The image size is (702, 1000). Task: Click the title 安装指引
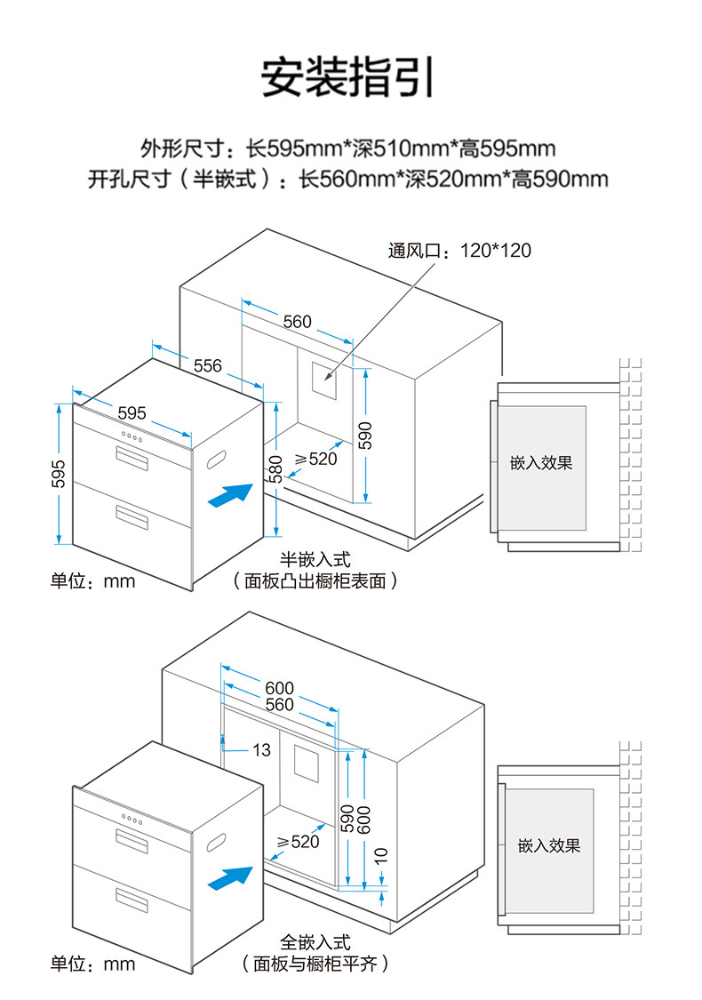point(349,76)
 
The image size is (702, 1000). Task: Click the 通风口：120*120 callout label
point(459,251)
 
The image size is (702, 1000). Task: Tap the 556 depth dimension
point(207,365)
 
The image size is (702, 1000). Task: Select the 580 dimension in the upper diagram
point(275,469)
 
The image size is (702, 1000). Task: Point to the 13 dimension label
point(261,750)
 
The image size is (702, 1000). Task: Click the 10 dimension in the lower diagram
point(380,857)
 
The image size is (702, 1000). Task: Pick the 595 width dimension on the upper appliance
point(132,412)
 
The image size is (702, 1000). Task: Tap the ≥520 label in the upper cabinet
point(315,459)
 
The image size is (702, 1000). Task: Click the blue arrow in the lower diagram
point(230,878)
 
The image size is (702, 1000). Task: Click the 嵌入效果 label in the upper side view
point(541,463)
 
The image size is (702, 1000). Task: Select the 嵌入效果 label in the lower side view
point(549,845)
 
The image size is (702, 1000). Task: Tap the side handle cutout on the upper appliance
point(216,458)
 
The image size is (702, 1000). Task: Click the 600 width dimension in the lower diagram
point(279,688)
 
